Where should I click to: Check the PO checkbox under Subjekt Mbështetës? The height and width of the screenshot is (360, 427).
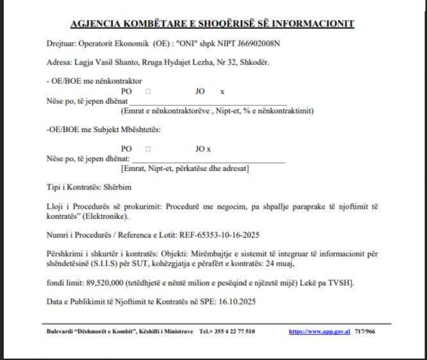[x=149, y=149]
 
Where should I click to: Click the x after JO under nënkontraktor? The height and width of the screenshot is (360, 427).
[x=222, y=92]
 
